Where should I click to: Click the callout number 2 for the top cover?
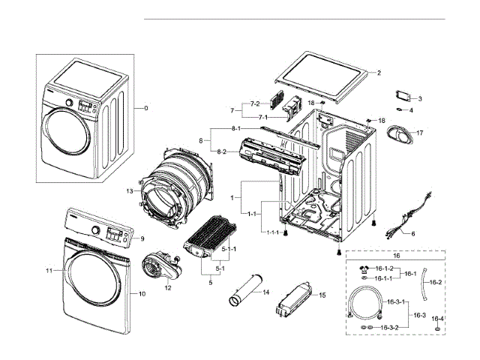(379, 73)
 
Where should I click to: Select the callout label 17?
(420, 133)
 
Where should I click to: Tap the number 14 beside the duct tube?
(266, 292)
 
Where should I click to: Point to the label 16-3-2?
(389, 328)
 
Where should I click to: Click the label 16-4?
(437, 319)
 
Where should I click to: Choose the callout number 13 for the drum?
(130, 191)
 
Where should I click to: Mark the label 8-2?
(222, 151)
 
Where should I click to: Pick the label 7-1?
(263, 117)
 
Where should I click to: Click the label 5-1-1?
(229, 249)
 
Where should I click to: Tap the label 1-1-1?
(272, 232)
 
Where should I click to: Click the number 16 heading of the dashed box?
(396, 256)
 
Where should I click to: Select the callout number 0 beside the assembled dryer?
(146, 108)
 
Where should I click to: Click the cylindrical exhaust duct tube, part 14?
(246, 289)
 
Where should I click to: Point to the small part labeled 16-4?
(438, 328)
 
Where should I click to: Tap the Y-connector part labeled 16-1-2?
(364, 270)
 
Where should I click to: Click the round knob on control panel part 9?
(96, 229)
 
